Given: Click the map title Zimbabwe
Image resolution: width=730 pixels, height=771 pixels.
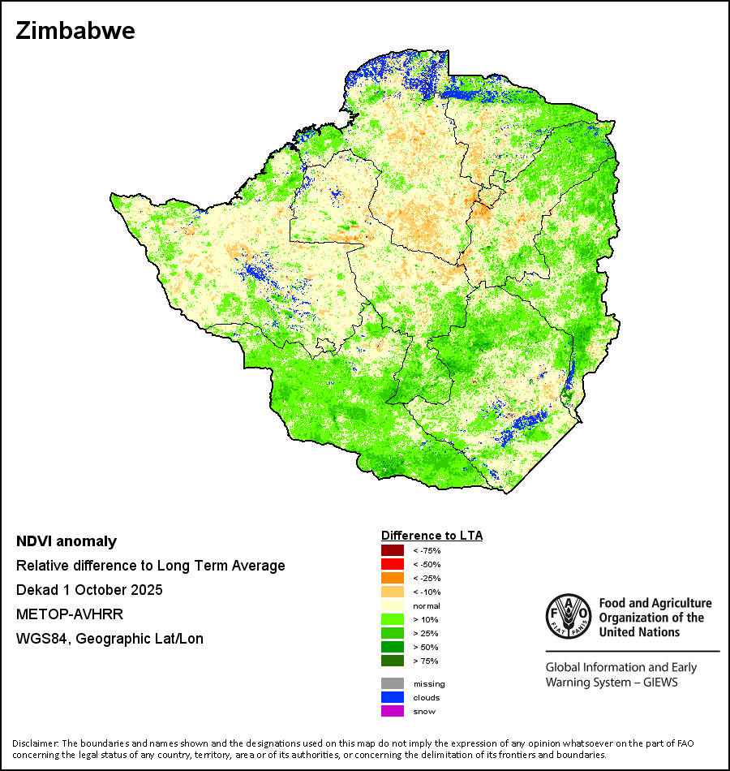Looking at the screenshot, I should coord(75,32).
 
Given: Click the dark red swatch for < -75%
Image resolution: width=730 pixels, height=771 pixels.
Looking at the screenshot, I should coord(392,551).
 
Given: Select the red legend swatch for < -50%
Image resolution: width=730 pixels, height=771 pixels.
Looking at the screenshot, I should coord(392,565).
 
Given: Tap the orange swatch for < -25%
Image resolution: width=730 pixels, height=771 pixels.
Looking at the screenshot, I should coord(392,579).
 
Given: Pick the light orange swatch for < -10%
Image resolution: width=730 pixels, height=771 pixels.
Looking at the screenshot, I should coord(392,592).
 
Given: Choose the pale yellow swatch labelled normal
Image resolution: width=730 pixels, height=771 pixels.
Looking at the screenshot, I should coord(392,606).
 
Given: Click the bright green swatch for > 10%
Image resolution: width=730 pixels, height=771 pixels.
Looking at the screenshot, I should coord(392,620).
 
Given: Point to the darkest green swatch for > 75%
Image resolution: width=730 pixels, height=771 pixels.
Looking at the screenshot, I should coord(392,661).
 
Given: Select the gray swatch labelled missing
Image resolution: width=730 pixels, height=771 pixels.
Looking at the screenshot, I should coord(392,683).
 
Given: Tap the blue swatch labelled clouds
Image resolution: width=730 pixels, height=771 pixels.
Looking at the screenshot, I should coord(392,697).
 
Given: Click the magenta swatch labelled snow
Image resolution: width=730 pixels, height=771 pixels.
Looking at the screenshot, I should coord(392,711).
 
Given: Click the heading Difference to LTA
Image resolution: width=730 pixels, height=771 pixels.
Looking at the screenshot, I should coord(432,536).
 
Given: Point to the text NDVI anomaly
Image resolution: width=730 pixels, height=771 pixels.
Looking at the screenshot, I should coord(67,541).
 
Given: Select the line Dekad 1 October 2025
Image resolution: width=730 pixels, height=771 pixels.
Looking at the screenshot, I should coord(89,590).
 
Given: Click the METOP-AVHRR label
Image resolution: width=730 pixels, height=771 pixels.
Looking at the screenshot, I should coord(66,614).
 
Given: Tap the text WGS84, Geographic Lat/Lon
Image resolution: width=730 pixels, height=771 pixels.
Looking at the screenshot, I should coord(109,639).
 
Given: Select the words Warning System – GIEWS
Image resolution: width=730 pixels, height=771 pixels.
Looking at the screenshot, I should coord(612,682).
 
